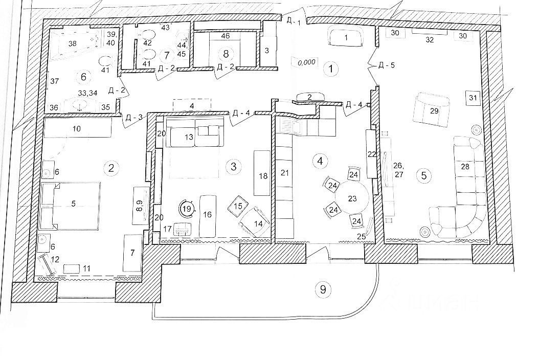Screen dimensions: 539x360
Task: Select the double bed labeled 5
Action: (x=73, y=204)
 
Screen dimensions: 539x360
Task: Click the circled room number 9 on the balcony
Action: (x=322, y=289)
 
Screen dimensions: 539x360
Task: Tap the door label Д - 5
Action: (x=386, y=65)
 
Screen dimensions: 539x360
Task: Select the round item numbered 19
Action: (x=187, y=209)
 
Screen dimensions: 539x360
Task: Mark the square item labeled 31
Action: (x=473, y=98)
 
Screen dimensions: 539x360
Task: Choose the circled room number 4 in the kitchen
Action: (x=320, y=161)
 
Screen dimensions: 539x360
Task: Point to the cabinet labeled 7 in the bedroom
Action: (x=132, y=253)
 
